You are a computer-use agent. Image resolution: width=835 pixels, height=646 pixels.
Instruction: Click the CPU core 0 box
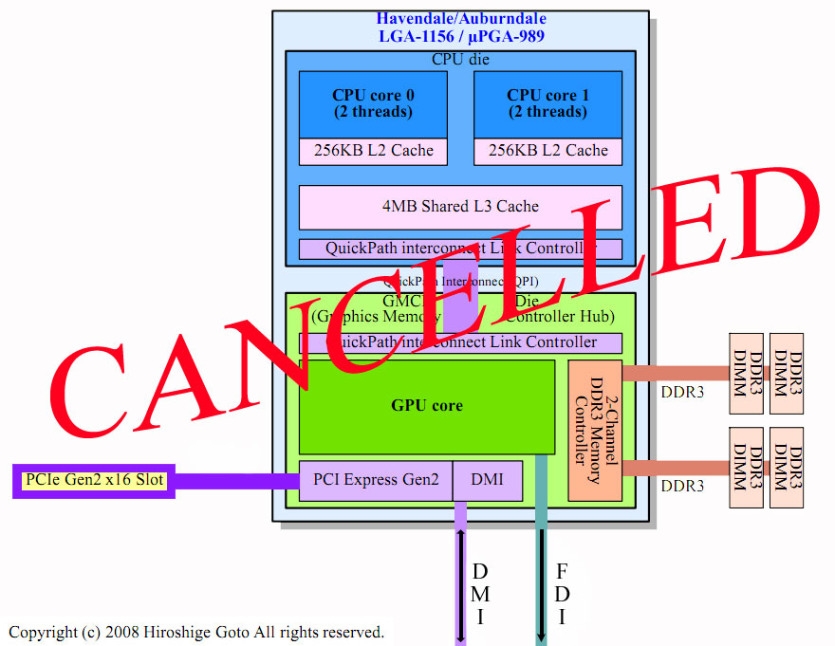373,103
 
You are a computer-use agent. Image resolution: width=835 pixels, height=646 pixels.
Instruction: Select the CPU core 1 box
547,103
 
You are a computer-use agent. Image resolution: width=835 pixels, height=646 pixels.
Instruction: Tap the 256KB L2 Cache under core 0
373,151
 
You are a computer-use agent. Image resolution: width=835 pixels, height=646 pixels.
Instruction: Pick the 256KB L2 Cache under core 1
547,151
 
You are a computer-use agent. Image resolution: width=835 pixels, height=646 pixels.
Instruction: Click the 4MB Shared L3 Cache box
460,207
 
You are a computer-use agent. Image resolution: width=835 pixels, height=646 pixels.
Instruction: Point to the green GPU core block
427,406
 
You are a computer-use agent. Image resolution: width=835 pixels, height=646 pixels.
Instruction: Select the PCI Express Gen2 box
376,480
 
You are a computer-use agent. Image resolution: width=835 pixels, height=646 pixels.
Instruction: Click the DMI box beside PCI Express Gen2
488,480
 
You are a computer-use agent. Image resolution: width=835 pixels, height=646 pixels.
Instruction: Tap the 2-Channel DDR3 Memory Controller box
595,431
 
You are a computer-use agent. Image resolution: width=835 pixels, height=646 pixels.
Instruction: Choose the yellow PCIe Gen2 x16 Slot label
95,480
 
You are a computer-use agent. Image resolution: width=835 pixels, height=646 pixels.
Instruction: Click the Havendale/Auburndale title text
461,19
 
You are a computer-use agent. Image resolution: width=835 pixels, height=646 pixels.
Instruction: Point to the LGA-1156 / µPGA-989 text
461,37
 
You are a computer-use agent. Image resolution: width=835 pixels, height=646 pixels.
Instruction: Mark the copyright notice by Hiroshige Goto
196,632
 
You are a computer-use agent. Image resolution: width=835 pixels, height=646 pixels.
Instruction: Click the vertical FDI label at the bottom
563,594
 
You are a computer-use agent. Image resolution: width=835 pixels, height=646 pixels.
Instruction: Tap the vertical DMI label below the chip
480,594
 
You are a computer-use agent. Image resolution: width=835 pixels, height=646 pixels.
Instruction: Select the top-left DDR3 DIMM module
744,373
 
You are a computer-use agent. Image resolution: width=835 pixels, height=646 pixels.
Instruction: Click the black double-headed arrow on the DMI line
460,585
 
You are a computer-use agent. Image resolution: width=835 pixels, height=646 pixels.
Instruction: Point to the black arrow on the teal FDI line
542,585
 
